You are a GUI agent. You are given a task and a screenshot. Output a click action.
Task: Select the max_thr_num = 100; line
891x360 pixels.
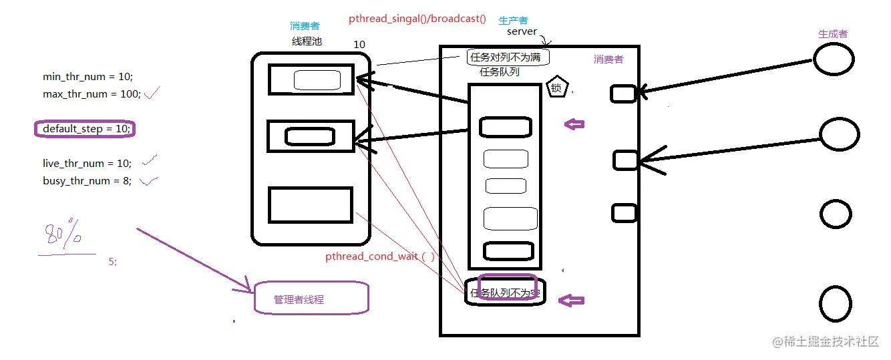click(x=92, y=94)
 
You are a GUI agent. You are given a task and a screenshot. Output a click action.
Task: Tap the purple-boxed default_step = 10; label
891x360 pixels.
click(x=85, y=129)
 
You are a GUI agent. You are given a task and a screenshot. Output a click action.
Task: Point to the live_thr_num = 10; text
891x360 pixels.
click(x=87, y=164)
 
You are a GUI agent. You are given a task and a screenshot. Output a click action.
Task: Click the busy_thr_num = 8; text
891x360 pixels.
click(x=87, y=181)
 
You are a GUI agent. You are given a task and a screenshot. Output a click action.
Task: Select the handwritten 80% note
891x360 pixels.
click(x=63, y=237)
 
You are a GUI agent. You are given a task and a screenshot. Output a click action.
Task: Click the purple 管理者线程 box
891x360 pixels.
click(x=311, y=298)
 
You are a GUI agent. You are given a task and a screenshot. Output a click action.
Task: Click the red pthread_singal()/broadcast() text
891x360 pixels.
click(x=417, y=19)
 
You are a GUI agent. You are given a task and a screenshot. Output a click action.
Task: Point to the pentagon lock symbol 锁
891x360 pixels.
click(x=558, y=87)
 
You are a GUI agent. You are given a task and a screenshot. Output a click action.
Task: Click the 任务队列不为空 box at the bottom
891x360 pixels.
click(x=506, y=292)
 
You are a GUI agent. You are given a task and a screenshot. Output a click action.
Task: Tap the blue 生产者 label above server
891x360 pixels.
click(x=513, y=21)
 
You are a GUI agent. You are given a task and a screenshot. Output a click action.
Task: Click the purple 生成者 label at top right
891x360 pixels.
click(x=833, y=33)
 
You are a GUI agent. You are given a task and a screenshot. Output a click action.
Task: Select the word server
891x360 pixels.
click(x=522, y=31)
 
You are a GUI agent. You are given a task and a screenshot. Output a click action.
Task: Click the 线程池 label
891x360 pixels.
click(x=307, y=41)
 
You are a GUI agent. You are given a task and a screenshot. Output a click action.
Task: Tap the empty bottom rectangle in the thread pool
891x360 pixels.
click(x=310, y=205)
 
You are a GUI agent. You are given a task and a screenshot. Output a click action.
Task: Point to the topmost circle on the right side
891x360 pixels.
click(x=833, y=59)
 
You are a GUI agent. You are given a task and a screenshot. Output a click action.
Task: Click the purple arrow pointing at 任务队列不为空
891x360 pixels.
click(x=571, y=301)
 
